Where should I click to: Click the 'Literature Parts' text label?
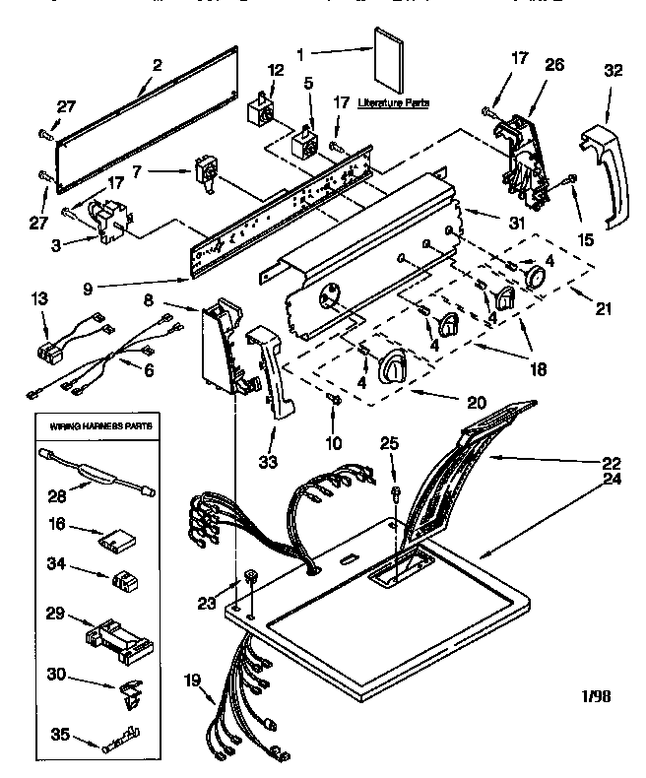point(393,102)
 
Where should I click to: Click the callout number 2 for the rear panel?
point(156,67)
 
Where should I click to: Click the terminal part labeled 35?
point(117,738)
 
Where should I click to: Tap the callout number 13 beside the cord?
point(39,298)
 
